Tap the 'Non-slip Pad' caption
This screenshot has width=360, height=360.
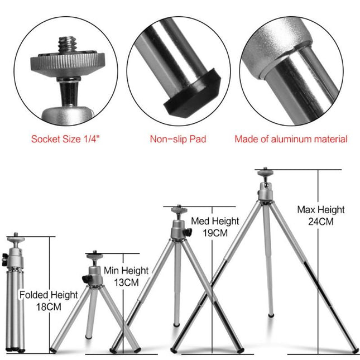coord(178,139)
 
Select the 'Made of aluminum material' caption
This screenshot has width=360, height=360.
coord(291,139)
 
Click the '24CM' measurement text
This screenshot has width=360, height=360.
coord(320,221)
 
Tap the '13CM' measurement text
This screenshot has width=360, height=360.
coord(126,282)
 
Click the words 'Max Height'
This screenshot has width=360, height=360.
coord(320,210)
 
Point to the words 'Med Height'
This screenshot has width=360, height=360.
coord(215,221)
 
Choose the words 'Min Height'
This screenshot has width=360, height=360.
coord(126,271)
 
